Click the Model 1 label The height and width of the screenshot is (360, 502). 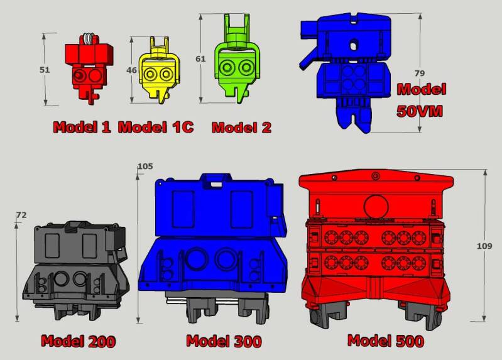point(82,127)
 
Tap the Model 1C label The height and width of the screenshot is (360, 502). point(156,127)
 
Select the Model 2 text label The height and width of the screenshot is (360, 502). point(241,128)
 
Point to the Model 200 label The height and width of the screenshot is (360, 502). point(79,341)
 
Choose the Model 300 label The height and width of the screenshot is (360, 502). point(224,341)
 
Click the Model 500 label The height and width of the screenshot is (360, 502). point(386,341)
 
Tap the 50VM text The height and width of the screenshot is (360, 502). point(420,111)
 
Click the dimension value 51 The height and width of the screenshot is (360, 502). point(45,70)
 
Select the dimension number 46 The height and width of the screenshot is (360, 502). point(131,70)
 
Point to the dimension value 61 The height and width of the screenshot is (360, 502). point(200,59)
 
